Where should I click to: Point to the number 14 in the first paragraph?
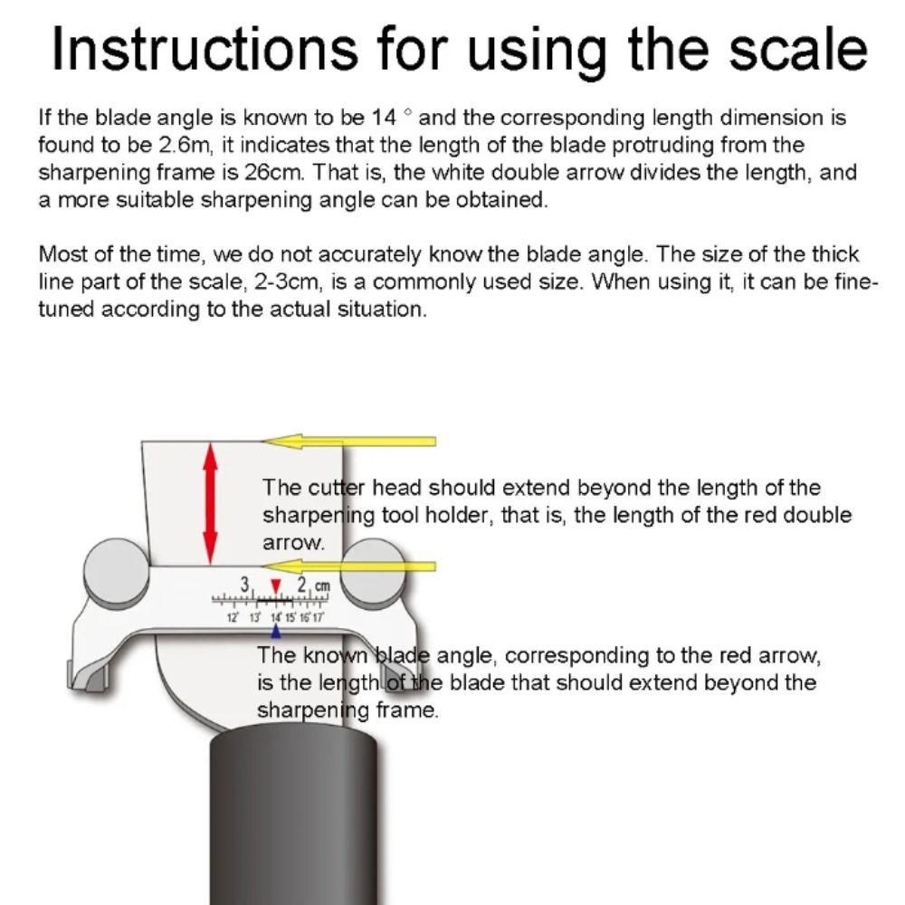385,118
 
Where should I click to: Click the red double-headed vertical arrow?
211,502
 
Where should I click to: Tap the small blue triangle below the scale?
276,631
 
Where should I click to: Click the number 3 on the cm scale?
244,584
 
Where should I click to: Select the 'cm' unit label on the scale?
322,586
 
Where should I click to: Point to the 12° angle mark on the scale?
232,616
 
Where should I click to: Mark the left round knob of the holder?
116,571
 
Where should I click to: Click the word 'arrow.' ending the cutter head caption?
292,543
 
